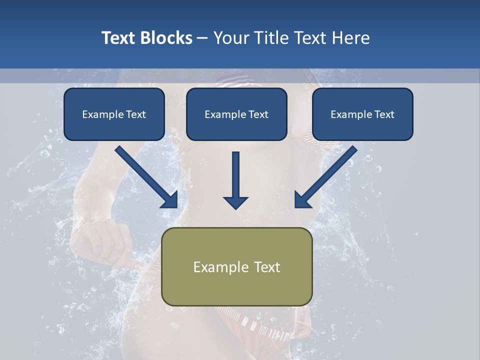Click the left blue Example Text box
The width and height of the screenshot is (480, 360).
coord(114,114)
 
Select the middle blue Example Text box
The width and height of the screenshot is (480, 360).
coord(236,114)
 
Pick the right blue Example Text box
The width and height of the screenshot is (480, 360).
coord(362,114)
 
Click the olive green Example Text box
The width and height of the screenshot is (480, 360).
coord(237,266)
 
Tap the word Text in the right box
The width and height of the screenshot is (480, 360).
coord(384,114)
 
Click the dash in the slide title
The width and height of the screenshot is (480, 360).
coord(202,38)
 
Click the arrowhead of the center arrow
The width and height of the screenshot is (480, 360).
coord(236,202)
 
